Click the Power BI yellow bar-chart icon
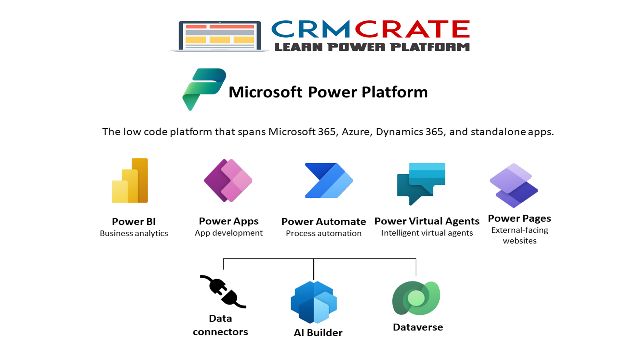(x=130, y=181)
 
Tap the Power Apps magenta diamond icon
(x=228, y=180)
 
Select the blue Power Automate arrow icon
(x=329, y=180)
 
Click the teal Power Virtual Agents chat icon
(x=421, y=183)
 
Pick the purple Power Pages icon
(x=513, y=186)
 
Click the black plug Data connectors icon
(x=223, y=291)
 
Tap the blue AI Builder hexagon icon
(x=314, y=302)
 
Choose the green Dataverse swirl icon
(x=416, y=298)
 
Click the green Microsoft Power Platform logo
(x=204, y=89)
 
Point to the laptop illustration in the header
(x=220, y=36)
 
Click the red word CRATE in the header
(x=412, y=30)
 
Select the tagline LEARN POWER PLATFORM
(x=372, y=47)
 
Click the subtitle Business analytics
(x=134, y=233)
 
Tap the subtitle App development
(x=229, y=233)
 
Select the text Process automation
(x=324, y=233)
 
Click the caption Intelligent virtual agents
(x=427, y=233)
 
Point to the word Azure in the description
(x=356, y=132)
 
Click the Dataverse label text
(x=418, y=327)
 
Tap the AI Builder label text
(x=318, y=333)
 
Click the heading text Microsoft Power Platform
(x=328, y=92)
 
